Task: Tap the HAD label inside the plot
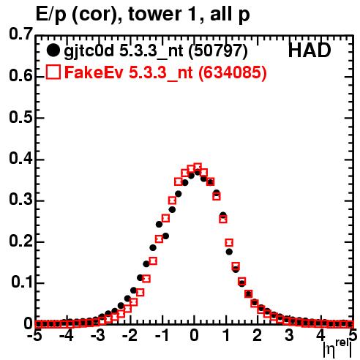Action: click(x=310, y=50)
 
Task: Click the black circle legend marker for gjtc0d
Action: click(x=53, y=50)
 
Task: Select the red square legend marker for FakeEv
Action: click(x=53, y=72)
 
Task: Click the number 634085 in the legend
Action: click(x=233, y=72)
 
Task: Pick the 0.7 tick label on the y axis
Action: click(x=20, y=34)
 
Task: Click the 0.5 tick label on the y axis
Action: click(x=20, y=117)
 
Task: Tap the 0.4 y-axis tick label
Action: click(x=20, y=159)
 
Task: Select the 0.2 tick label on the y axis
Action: click(x=20, y=241)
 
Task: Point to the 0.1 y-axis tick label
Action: click(x=22, y=282)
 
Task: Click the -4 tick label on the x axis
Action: click(x=67, y=336)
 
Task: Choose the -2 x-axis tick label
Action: click(x=130, y=336)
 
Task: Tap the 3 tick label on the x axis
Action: click(x=290, y=336)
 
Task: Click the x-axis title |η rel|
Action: click(x=337, y=348)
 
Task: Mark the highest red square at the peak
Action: click(x=198, y=167)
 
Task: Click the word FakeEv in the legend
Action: click(x=94, y=72)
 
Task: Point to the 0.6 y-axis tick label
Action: click(x=20, y=76)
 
